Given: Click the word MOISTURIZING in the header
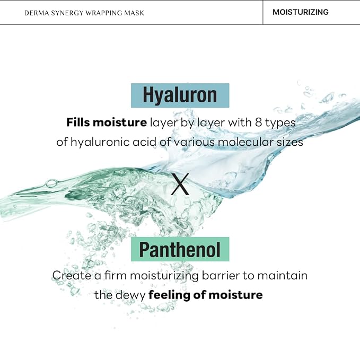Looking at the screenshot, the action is click(x=300, y=12).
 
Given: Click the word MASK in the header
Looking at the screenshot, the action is click(x=134, y=13).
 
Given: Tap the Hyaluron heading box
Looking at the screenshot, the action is click(x=180, y=95).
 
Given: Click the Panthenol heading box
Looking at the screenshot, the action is click(x=180, y=249).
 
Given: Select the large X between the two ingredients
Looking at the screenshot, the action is click(x=180, y=184).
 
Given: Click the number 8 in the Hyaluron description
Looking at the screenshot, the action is click(x=258, y=122).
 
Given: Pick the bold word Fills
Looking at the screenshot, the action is click(x=78, y=122).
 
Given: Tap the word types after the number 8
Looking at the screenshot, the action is click(x=280, y=124).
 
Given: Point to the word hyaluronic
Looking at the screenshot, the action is click(x=100, y=142).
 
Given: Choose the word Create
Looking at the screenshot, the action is click(x=72, y=275).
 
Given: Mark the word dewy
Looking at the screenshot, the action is click(x=131, y=295).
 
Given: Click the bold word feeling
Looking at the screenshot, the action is click(x=170, y=295).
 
